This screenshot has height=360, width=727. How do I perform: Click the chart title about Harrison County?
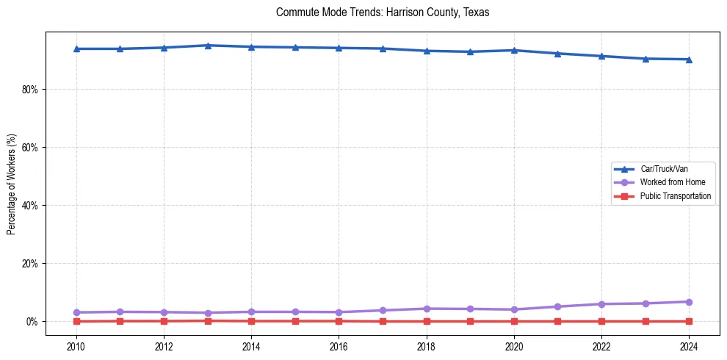click(383, 12)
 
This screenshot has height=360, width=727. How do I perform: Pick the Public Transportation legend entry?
click(676, 196)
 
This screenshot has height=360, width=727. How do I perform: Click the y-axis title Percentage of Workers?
click(11, 184)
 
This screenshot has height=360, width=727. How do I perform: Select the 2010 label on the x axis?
click(76, 347)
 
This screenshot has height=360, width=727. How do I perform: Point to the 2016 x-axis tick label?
click(339, 347)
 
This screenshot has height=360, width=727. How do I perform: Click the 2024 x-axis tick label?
click(689, 347)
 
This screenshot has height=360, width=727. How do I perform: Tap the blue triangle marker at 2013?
click(208, 46)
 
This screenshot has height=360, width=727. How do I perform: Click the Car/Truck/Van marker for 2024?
click(689, 60)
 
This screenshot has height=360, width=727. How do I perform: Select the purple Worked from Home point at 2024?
click(689, 302)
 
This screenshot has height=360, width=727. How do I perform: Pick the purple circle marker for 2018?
click(426, 309)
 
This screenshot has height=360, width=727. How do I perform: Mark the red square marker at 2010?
click(76, 321)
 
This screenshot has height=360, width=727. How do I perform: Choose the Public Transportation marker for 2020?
click(514, 321)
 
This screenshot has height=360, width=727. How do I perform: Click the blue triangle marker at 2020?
click(514, 50)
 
